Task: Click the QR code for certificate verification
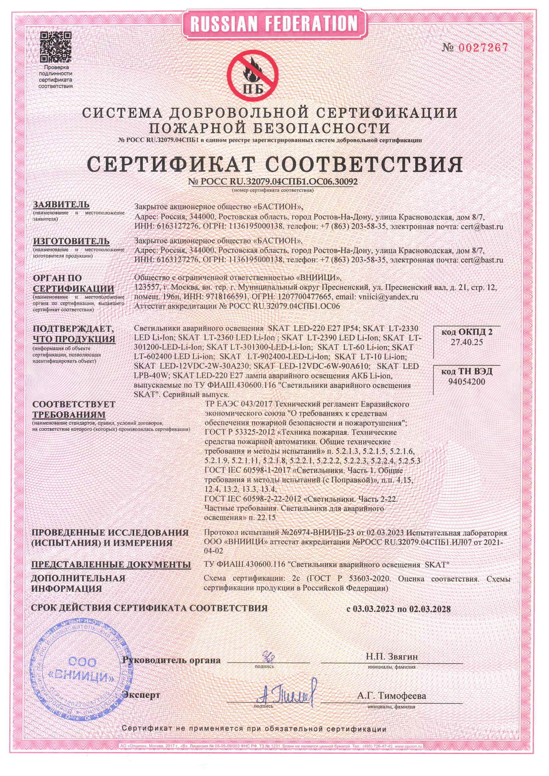pyautogui.click(x=56, y=47)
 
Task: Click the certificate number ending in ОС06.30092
pyautogui.click(x=273, y=182)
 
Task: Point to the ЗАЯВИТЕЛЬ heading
pyautogui.click(x=61, y=204)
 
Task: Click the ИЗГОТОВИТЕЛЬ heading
pyautogui.click(x=71, y=241)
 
